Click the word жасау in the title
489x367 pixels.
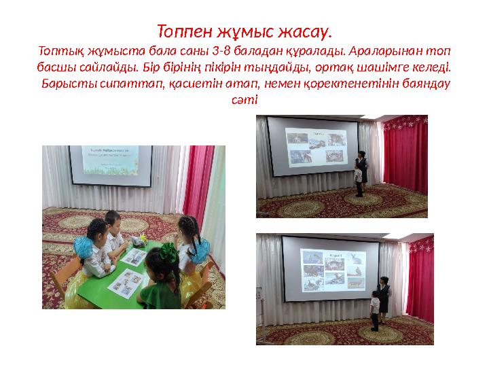coord(307,31)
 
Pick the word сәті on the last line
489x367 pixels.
coord(244,100)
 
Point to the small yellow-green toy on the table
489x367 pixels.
coord(143,239)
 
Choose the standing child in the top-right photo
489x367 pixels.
coord(358,181)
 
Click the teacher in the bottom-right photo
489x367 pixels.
coord(384,296)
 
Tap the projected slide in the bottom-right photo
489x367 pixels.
coord(330,268)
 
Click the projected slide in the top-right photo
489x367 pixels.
coord(313,145)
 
